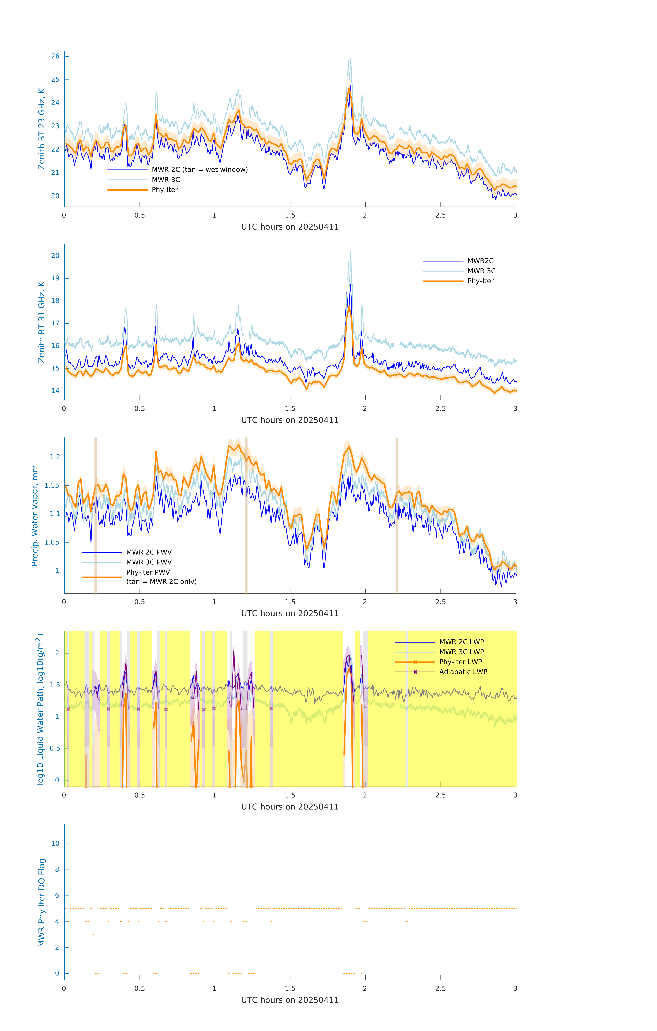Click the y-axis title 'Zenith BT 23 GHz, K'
pyautogui.click(x=42, y=129)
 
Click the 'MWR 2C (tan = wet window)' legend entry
pyautogui.click(x=199, y=170)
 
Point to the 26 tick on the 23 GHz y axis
pyautogui.click(x=55, y=56)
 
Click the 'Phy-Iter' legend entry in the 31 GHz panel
pyautogui.click(x=480, y=281)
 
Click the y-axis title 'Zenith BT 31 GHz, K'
pyautogui.click(x=42, y=322)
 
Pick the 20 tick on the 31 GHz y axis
pyautogui.click(x=55, y=256)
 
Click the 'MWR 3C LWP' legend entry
pyautogui.click(x=461, y=652)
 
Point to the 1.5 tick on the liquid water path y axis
pyautogui.click(x=55, y=685)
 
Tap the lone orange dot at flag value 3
pyautogui.click(x=93, y=935)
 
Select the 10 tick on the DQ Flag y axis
pyautogui.click(x=55, y=844)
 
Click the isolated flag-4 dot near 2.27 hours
pyautogui.click(x=407, y=921)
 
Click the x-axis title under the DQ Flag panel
pyautogui.click(x=290, y=1000)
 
